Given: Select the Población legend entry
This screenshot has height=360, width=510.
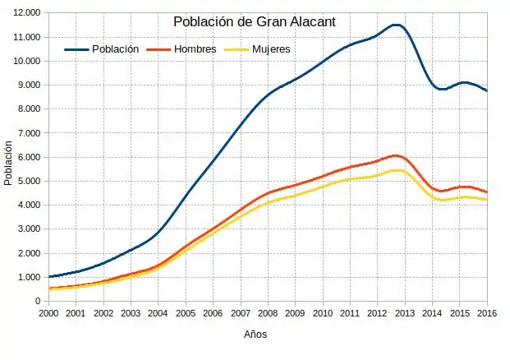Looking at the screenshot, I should pos(115,49).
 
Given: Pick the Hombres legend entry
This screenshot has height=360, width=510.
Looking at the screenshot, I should pos(195,49).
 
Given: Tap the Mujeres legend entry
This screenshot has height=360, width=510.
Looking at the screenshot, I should pos(271,49).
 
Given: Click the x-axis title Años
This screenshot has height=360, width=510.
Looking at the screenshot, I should pos(255,335).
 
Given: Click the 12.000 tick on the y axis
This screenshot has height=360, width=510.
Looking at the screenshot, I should pos(27,13).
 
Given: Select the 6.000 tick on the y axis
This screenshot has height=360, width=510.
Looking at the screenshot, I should pos(30,157).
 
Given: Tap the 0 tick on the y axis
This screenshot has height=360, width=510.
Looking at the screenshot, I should pos(38,301).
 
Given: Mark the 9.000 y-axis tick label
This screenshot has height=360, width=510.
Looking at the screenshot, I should pos(30,85).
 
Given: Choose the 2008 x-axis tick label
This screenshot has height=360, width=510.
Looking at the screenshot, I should pos(268,313).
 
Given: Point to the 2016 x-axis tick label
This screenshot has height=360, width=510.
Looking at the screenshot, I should pos(487,313).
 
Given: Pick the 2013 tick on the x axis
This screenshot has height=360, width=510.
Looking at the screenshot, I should pos(405,313).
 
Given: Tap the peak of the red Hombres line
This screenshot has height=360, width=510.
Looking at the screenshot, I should pos(396,155).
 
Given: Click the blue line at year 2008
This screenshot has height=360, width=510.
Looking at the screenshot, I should pos(268,96).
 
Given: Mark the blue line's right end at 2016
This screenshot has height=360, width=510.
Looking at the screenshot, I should pos(487,90).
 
